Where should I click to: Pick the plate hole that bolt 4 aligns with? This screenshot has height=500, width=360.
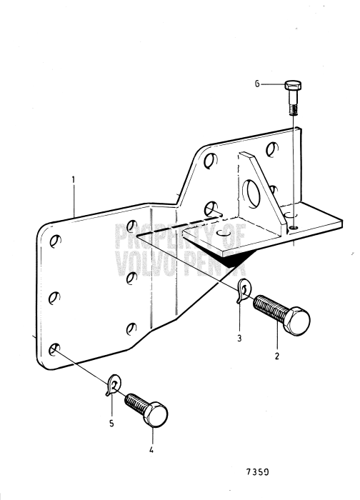click(54, 350)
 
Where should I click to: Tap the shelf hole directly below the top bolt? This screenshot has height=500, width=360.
click(294, 229)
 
